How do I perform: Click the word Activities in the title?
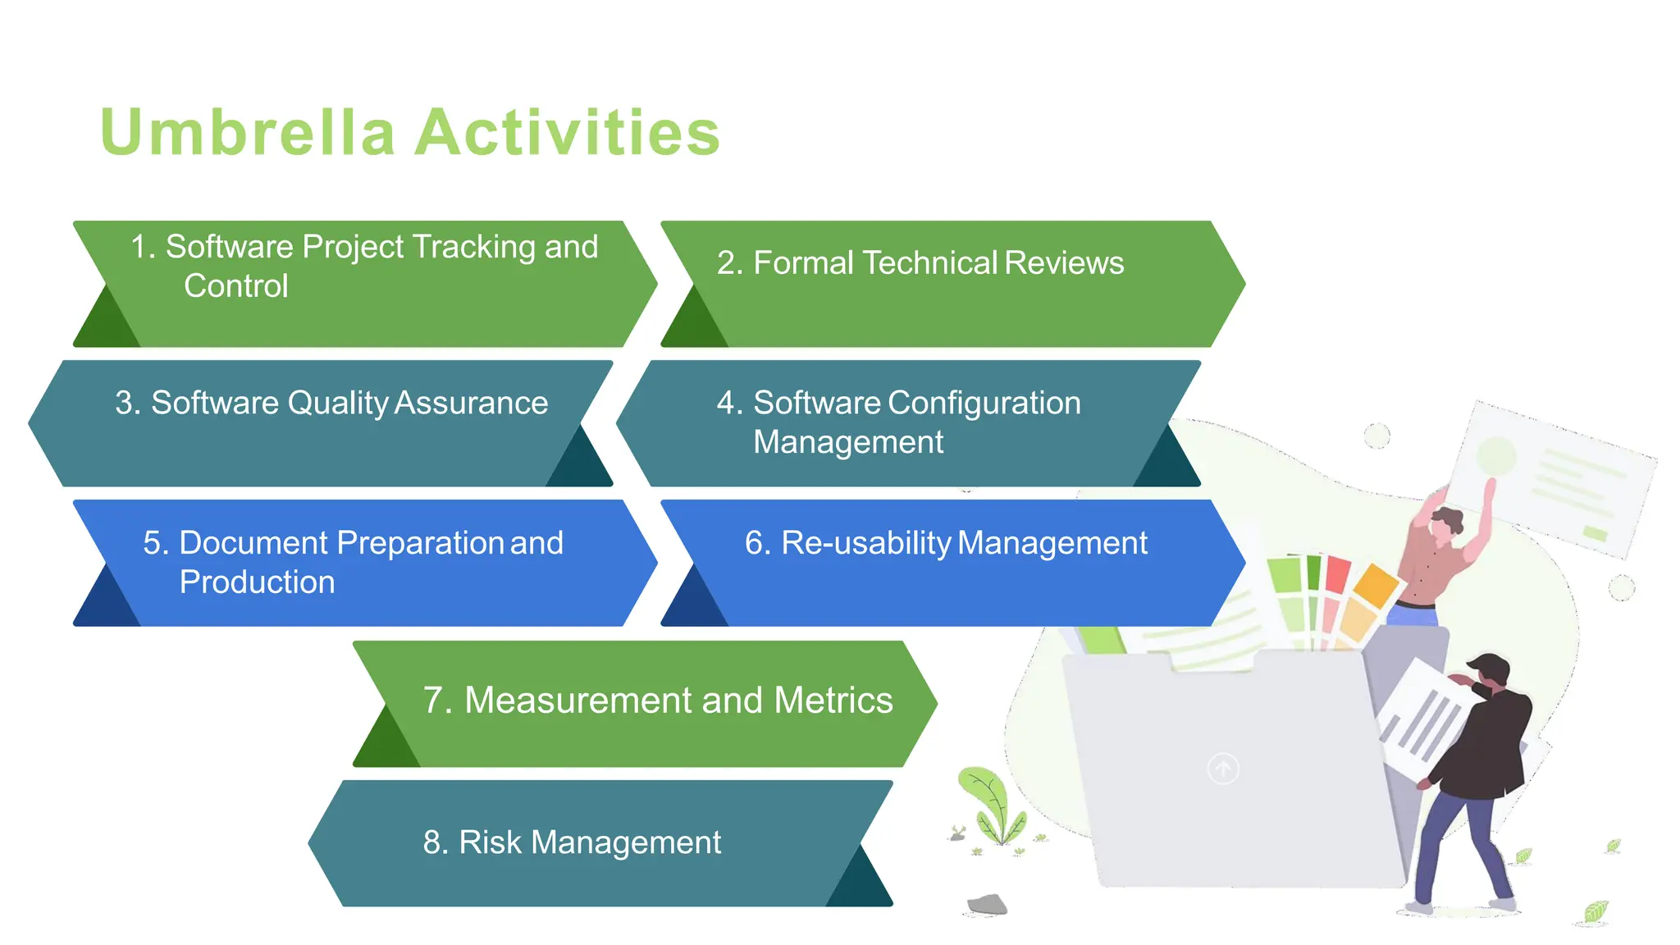pyautogui.click(x=567, y=132)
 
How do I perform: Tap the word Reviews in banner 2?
pyautogui.click(x=1063, y=262)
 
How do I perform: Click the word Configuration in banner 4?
pyautogui.click(x=984, y=403)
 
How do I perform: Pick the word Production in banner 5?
pyautogui.click(x=257, y=582)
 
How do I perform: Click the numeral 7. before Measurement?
pyautogui.click(x=437, y=701)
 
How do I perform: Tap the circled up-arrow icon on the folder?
pyautogui.click(x=1223, y=769)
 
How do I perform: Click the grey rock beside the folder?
pyautogui.click(x=988, y=904)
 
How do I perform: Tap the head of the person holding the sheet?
pyautogui.click(x=1446, y=521)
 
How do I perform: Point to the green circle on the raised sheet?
pyautogui.click(x=1495, y=454)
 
